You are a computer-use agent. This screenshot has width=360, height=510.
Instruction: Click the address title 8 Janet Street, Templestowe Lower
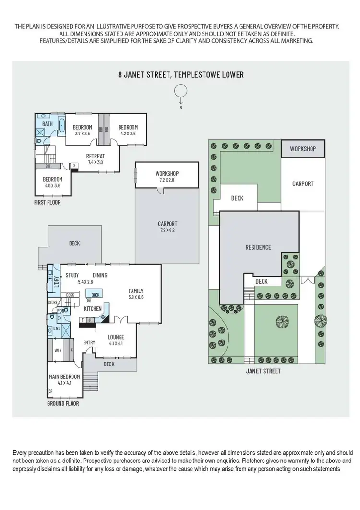tap(181, 74)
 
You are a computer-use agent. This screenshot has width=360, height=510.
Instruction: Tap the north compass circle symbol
tap(180, 91)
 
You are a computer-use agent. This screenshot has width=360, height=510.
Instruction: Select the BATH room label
tap(48, 124)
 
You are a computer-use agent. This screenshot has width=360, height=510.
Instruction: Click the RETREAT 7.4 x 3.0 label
tap(95, 159)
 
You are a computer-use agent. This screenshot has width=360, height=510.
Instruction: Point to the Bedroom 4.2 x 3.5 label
tap(128, 130)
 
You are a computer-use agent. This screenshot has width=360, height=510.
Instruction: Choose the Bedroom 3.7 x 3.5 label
tap(83, 130)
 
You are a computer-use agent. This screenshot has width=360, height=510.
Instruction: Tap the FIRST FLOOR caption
tap(47, 202)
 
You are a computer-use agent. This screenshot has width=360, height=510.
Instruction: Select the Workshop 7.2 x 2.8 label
tap(167, 176)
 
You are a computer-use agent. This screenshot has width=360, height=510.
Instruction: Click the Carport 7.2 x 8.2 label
tap(168, 227)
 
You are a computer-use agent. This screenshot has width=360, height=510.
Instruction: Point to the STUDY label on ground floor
tap(72, 275)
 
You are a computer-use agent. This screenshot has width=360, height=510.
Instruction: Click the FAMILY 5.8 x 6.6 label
tap(136, 294)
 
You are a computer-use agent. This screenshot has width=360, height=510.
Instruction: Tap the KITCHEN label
tap(93, 308)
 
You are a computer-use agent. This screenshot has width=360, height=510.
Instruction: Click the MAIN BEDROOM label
tap(64, 380)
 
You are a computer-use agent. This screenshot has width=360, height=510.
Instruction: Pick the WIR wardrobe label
tap(58, 351)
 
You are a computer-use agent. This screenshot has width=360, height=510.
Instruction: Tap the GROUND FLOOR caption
tap(63, 404)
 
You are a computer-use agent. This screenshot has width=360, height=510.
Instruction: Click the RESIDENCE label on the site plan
tap(258, 247)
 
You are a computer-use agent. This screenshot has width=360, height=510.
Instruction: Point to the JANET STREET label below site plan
tap(263, 371)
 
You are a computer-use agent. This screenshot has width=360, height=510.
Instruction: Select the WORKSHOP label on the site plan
tap(303, 149)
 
